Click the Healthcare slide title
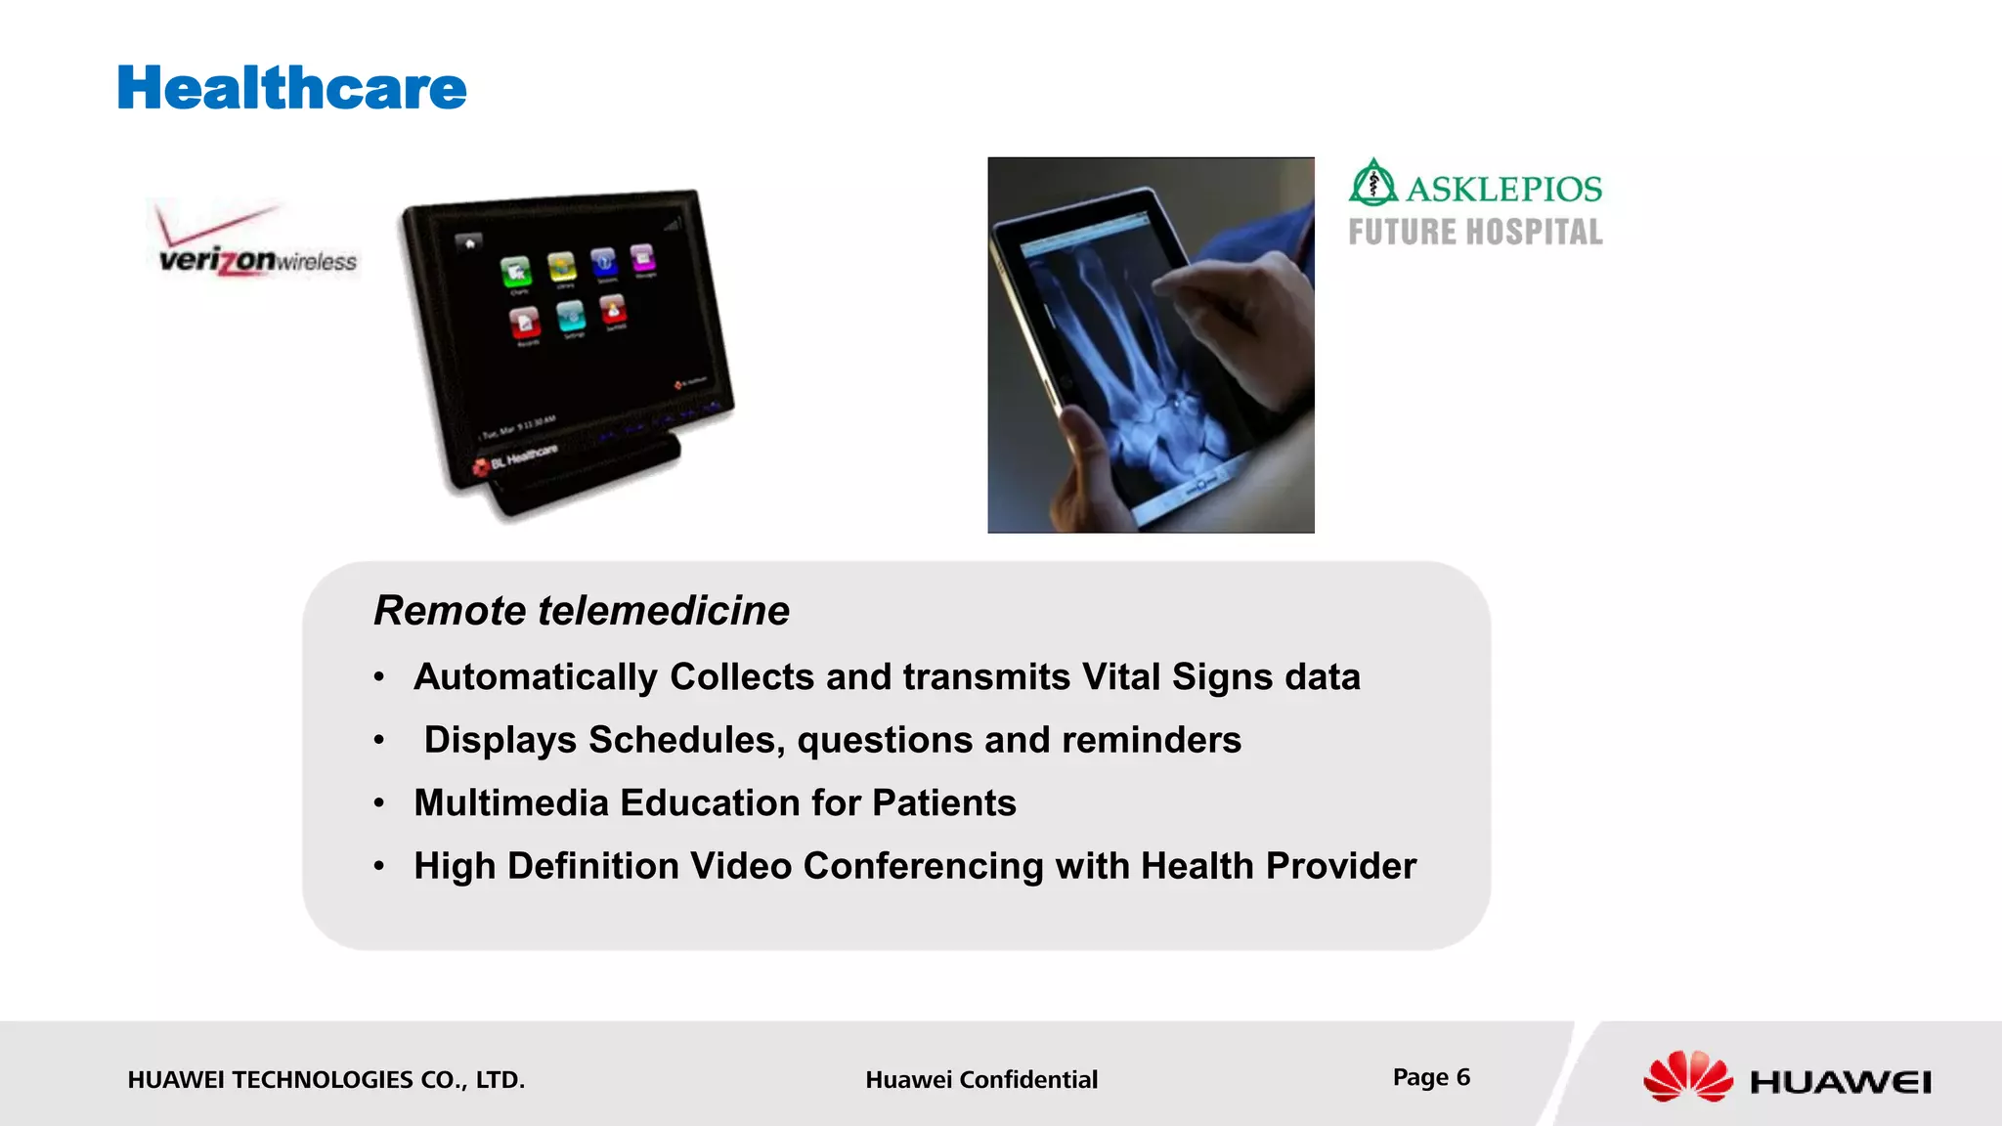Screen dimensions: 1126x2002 coord(291,88)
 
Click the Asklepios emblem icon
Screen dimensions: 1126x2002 coord(1372,183)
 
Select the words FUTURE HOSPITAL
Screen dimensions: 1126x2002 coord(1475,233)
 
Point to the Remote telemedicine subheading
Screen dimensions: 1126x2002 coord(582,611)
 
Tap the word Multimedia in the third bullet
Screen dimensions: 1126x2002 coord(511,803)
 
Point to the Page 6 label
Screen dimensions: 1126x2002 coord(1431,1077)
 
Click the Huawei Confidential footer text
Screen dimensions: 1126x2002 coord(981,1080)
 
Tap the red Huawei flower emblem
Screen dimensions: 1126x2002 coord(1687,1077)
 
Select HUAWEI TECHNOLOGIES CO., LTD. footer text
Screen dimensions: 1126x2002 coord(326,1080)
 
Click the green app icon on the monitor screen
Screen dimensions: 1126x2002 coord(515,271)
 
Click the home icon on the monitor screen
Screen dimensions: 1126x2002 coord(470,243)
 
